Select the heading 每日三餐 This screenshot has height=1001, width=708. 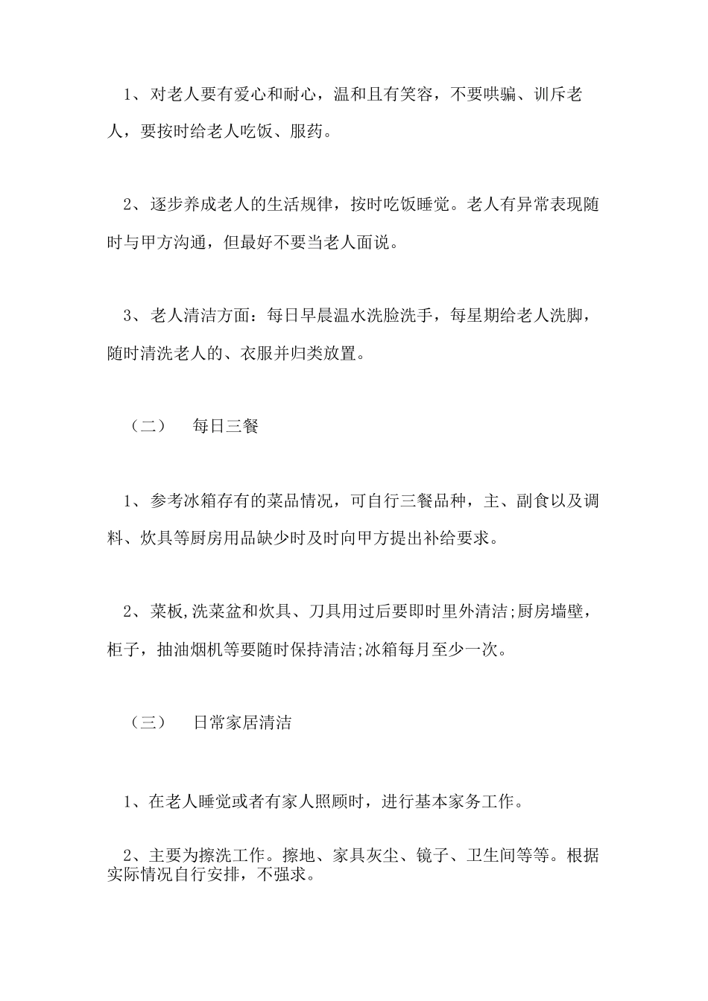(226, 427)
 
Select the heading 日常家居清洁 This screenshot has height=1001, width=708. (242, 722)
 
